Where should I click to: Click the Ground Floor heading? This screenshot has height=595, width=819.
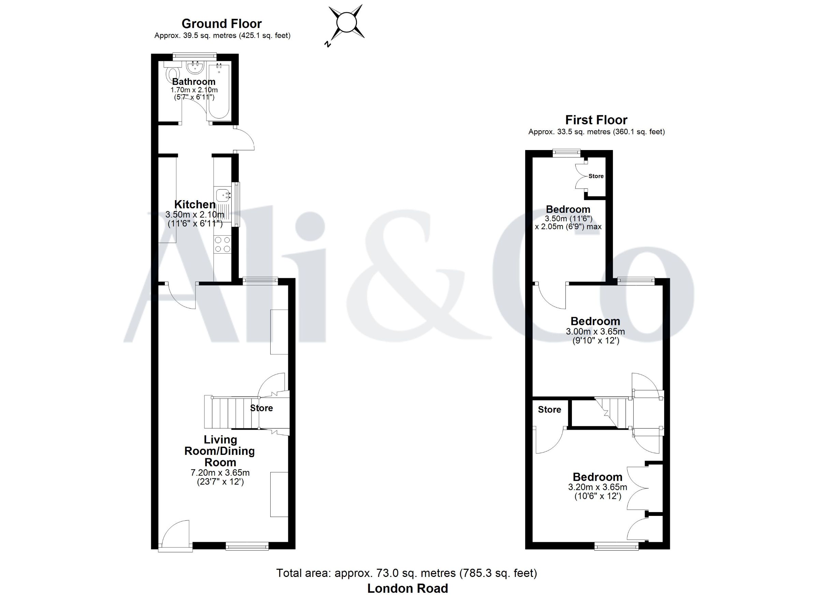pyautogui.click(x=221, y=24)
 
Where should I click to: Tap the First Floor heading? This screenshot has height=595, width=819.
pyautogui.click(x=596, y=120)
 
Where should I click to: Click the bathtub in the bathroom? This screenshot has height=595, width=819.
pyautogui.click(x=219, y=92)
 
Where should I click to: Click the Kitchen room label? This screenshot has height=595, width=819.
pyautogui.click(x=195, y=205)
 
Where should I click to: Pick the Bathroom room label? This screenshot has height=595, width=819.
pyautogui.click(x=194, y=82)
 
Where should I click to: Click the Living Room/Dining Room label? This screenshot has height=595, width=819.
pyautogui.click(x=219, y=451)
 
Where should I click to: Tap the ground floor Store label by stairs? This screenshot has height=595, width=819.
pyautogui.click(x=261, y=408)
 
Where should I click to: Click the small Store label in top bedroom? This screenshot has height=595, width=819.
pyautogui.click(x=596, y=176)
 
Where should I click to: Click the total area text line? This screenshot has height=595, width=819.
pyautogui.click(x=407, y=573)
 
